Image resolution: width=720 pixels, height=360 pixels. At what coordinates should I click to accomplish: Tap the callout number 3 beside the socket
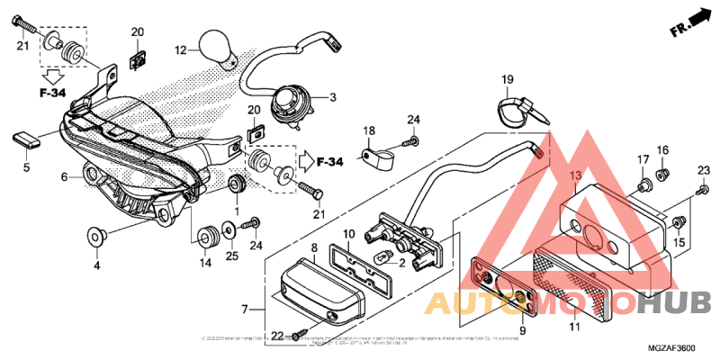pyautogui.click(x=332, y=98)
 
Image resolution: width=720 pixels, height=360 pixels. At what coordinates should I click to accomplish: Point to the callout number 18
pyautogui.click(x=369, y=132)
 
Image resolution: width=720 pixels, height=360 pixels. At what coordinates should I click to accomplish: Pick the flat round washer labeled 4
pyautogui.click(x=96, y=237)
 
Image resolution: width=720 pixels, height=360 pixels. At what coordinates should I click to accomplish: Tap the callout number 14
pyautogui.click(x=205, y=263)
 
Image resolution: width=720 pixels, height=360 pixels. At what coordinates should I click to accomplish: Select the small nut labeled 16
pyautogui.click(x=662, y=173)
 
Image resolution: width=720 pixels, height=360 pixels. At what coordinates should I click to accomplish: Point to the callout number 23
pyautogui.click(x=704, y=170)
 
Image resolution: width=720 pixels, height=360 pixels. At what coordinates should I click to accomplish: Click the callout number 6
pyautogui.click(x=64, y=177)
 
